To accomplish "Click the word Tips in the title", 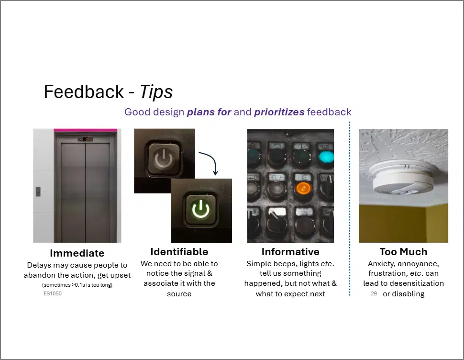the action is click(x=156, y=92).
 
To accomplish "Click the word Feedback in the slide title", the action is click(x=84, y=91).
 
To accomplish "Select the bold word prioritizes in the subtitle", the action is click(x=279, y=112).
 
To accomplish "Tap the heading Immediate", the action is click(x=77, y=253).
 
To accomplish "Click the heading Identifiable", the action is click(x=179, y=252).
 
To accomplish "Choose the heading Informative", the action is click(x=290, y=252).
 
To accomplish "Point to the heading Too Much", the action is click(x=404, y=252).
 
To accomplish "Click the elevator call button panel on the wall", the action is click(x=38, y=191).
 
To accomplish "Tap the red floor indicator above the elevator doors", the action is click(x=86, y=139).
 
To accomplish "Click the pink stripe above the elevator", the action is click(x=86, y=130).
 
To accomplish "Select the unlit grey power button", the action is click(x=164, y=159).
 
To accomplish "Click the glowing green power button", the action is click(x=201, y=210).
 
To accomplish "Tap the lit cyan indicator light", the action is click(x=326, y=157).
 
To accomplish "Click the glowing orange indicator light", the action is click(x=303, y=188).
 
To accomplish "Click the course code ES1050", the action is click(x=53, y=293).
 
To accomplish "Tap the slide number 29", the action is click(x=374, y=293).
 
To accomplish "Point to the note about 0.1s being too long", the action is click(x=77, y=285).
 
